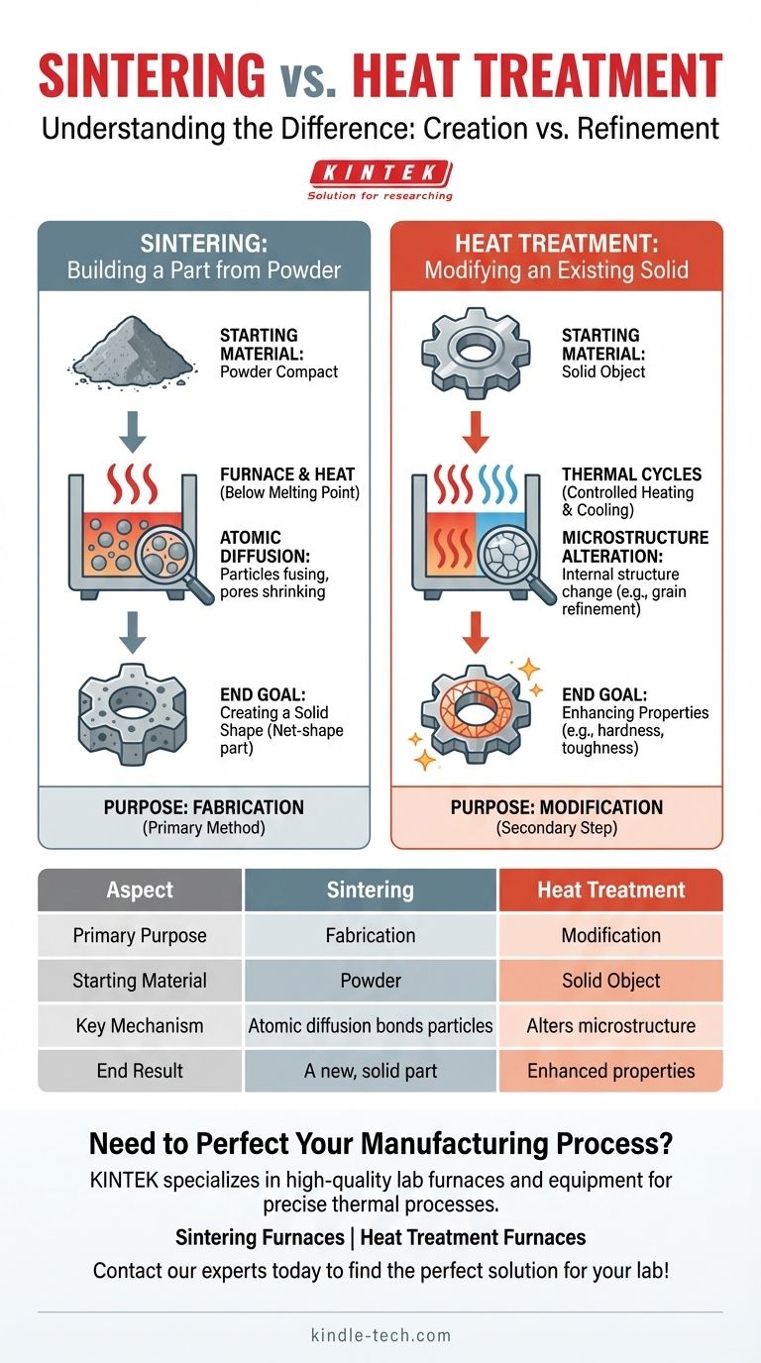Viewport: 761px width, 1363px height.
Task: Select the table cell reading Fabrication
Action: [x=371, y=935]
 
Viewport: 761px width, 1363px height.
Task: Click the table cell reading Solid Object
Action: [x=610, y=981]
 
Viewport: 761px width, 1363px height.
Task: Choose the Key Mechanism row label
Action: [x=140, y=1026]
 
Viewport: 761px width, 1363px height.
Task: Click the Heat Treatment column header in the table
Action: [x=610, y=890]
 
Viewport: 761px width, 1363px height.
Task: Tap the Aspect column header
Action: [x=140, y=890]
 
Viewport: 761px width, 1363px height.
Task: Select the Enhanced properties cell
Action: [x=610, y=1071]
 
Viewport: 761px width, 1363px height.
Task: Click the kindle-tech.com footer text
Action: [x=380, y=1335]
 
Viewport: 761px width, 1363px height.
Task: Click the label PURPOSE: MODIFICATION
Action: [x=556, y=807]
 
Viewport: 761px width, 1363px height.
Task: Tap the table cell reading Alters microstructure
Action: [x=610, y=1026]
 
